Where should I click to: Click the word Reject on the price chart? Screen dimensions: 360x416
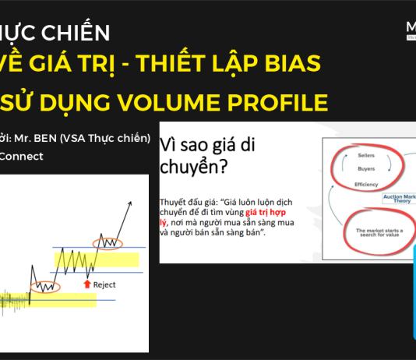tap(104, 284)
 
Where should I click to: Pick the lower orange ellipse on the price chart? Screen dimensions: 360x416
tap(43, 287)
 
